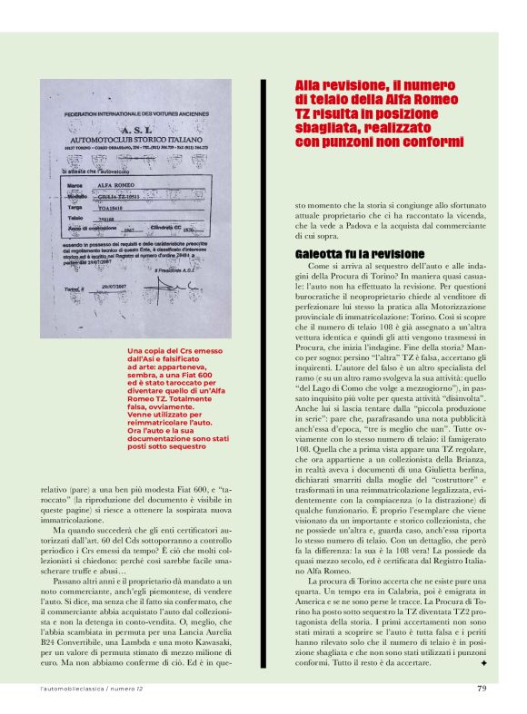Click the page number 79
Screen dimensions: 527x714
click(x=481, y=687)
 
